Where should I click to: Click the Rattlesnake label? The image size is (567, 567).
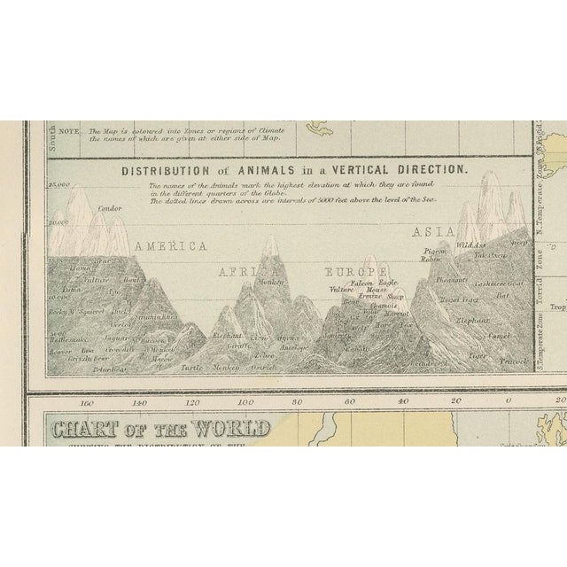(x=68, y=339)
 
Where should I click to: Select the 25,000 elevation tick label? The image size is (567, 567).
(x=60, y=183)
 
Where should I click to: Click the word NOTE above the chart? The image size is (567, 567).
(x=72, y=130)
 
